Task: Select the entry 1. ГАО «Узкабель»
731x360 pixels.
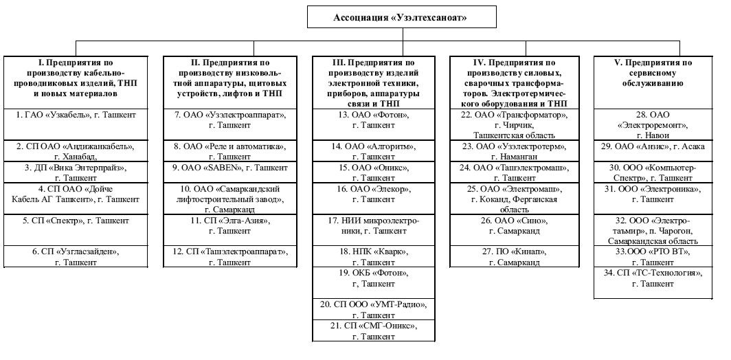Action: pos(76,115)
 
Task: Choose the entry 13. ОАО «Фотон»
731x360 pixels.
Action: pos(373,120)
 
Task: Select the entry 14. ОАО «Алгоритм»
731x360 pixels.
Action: pos(373,151)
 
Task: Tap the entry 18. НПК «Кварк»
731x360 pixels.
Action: pos(373,257)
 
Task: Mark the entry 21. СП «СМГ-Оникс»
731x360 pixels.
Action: pos(373,330)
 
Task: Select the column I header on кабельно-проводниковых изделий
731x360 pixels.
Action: pos(76,77)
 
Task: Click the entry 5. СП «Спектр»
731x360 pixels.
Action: pos(76,221)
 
